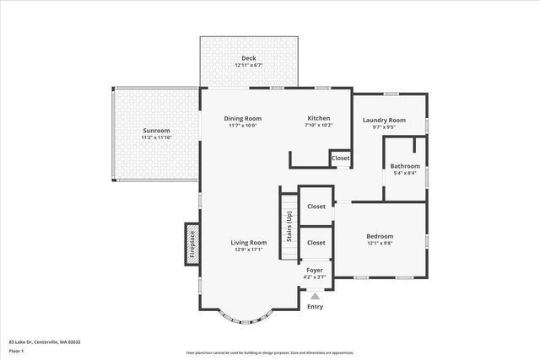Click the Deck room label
click(249, 58)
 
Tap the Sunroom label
click(156, 131)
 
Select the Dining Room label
click(242, 119)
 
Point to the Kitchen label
click(318, 119)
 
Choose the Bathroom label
click(405, 166)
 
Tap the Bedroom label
click(380, 236)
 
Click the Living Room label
click(249, 243)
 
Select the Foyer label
click(314, 271)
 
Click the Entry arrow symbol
click(315, 296)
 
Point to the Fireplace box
click(192, 244)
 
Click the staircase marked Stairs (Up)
click(289, 226)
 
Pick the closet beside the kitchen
click(340, 158)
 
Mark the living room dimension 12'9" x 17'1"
click(249, 250)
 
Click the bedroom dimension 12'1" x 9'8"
click(380, 244)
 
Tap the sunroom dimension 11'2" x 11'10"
click(156, 137)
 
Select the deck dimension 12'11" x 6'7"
click(249, 65)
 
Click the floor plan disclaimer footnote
click(269, 353)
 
